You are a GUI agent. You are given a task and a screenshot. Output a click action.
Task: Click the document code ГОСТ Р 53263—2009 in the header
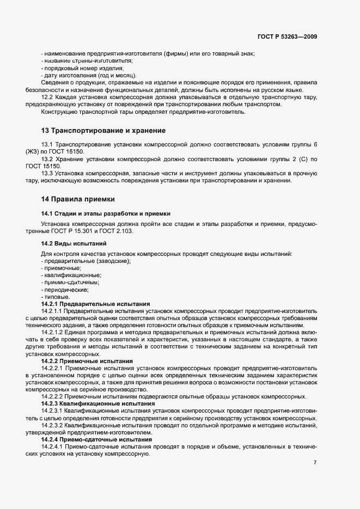tap(287, 37)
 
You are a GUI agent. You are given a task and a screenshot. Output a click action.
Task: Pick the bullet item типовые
tap(57, 297)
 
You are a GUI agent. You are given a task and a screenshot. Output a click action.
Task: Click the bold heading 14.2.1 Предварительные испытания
tap(96, 304)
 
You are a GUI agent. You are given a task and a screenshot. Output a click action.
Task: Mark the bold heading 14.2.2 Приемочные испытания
tap(87, 361)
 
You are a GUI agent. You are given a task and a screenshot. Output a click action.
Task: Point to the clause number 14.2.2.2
tap(53, 396)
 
